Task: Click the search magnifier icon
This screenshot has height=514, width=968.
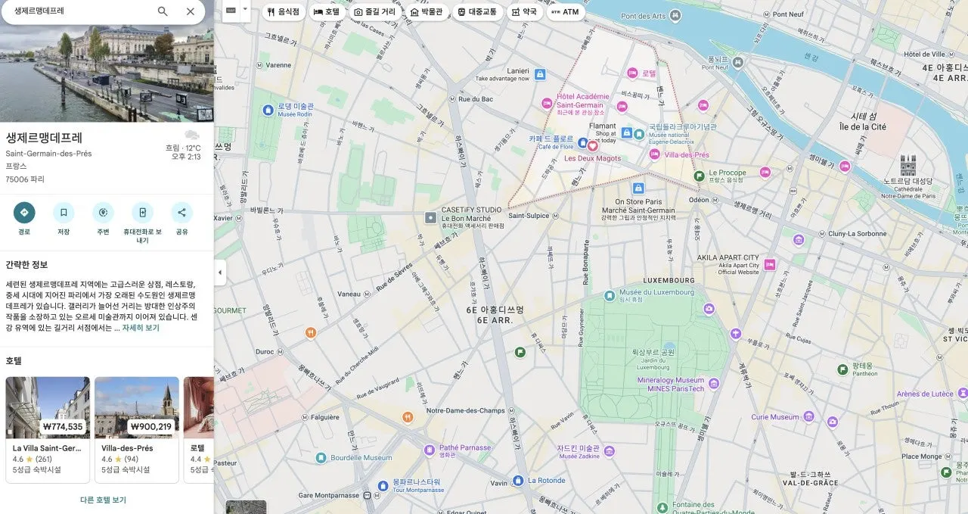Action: tap(163, 11)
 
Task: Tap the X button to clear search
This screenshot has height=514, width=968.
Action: tap(191, 11)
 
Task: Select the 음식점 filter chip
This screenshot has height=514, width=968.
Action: tap(284, 12)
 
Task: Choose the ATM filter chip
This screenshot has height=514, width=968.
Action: tap(565, 12)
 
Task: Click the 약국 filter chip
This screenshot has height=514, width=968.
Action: tap(523, 12)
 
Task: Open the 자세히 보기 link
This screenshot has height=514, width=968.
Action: tap(141, 328)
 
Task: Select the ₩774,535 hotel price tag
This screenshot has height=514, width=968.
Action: tap(63, 426)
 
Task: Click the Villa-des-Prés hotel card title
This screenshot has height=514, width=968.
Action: tap(127, 448)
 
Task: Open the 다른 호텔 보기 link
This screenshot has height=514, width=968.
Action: tap(103, 500)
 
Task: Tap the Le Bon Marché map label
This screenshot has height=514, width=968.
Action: tap(466, 218)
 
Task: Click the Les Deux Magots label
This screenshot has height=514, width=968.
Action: tap(592, 158)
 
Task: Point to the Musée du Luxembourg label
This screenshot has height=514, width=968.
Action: tap(656, 292)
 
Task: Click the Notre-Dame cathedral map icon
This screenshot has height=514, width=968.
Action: tap(907, 166)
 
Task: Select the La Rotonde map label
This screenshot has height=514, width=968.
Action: tap(546, 480)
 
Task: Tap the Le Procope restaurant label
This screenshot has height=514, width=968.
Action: tap(727, 173)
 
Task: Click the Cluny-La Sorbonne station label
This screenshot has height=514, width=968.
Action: tap(856, 234)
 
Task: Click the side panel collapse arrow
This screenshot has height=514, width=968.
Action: tap(220, 273)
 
